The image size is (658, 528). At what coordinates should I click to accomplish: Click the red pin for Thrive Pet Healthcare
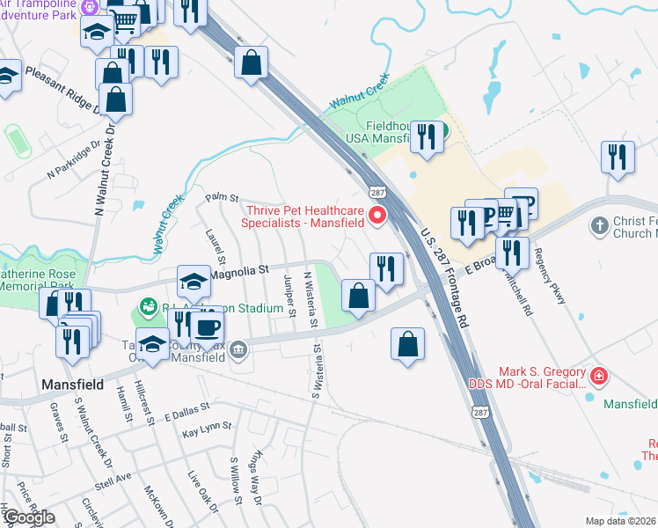(379, 215)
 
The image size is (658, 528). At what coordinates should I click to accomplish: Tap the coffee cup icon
(208, 329)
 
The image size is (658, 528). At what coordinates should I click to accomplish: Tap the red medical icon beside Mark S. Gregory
(599, 377)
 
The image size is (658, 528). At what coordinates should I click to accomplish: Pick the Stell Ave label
(113, 476)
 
